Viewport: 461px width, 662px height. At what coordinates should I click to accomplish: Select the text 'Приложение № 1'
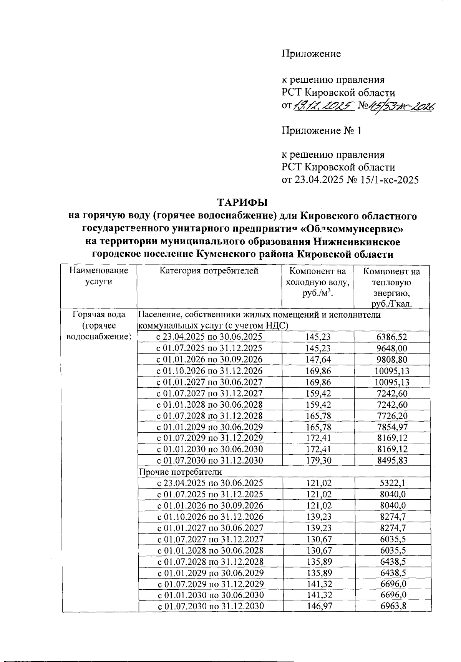point(322,131)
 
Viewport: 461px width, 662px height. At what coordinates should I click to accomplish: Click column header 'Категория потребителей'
point(209,271)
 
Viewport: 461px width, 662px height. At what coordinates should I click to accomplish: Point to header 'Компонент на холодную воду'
point(317,282)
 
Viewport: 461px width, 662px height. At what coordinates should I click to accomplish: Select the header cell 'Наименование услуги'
point(99,276)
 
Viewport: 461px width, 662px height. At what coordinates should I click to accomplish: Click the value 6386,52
point(391,337)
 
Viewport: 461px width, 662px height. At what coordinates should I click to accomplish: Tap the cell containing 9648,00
point(391,349)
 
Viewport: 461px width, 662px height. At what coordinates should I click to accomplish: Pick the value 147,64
point(318,360)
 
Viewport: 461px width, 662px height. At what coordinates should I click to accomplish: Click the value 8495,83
point(391,460)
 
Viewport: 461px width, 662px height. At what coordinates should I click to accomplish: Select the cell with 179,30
point(318,460)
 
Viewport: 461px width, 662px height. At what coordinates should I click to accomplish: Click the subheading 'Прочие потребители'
point(180,472)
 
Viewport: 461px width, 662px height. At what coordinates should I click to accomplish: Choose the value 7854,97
point(391,427)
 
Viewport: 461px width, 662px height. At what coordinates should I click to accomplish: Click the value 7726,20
point(391,416)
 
